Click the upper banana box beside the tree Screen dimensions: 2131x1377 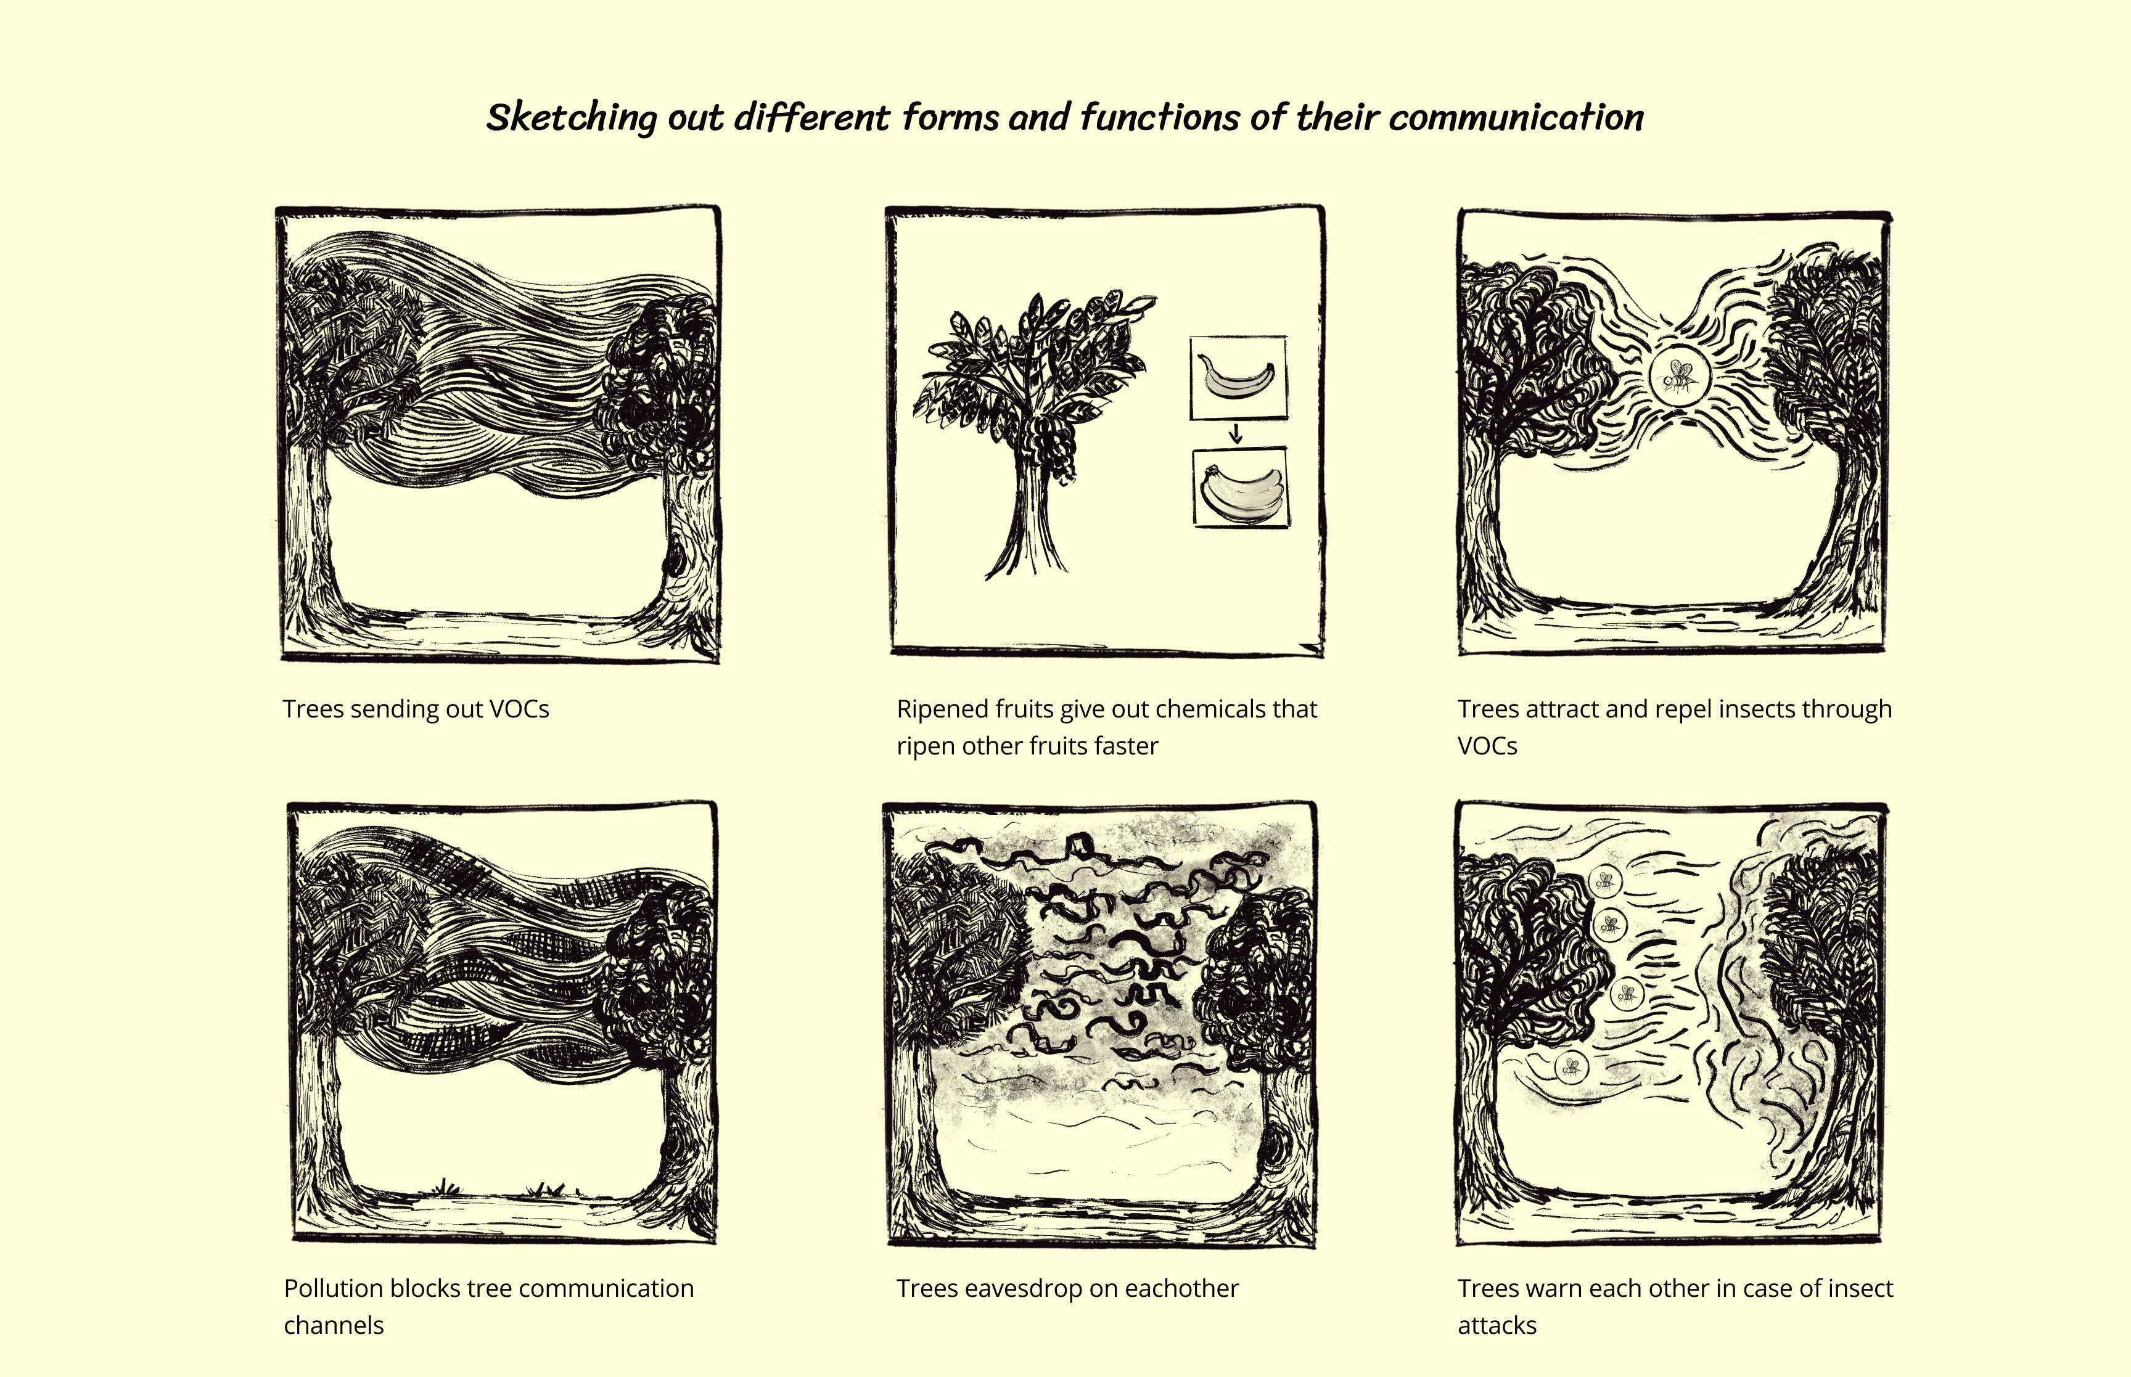(x=1239, y=377)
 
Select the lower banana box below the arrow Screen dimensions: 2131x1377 (x=1241, y=488)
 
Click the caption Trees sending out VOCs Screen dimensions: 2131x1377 (x=416, y=709)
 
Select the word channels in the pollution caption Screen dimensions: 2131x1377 (x=334, y=1325)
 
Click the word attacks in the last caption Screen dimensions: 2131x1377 (x=1497, y=1325)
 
